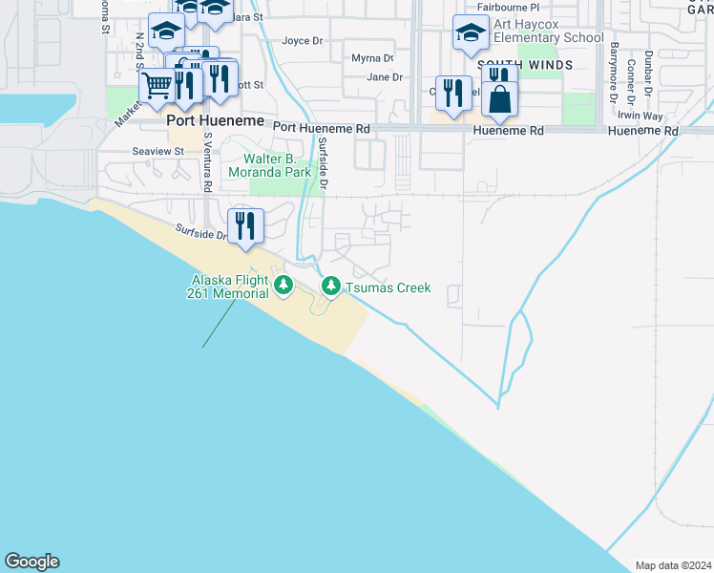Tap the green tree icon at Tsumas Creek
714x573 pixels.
click(331, 286)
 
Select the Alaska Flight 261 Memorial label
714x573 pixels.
click(229, 286)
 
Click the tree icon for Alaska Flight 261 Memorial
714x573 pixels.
click(283, 286)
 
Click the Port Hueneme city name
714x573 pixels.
click(208, 121)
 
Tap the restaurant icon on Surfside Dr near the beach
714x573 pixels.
click(245, 226)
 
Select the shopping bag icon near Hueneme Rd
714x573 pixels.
click(500, 97)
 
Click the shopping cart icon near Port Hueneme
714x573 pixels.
click(157, 88)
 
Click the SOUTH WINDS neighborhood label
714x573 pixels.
click(539, 65)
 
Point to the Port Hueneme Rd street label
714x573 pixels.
click(321, 128)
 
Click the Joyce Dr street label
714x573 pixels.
click(304, 41)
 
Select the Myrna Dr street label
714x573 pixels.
click(372, 58)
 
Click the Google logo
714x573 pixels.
click(31, 562)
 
